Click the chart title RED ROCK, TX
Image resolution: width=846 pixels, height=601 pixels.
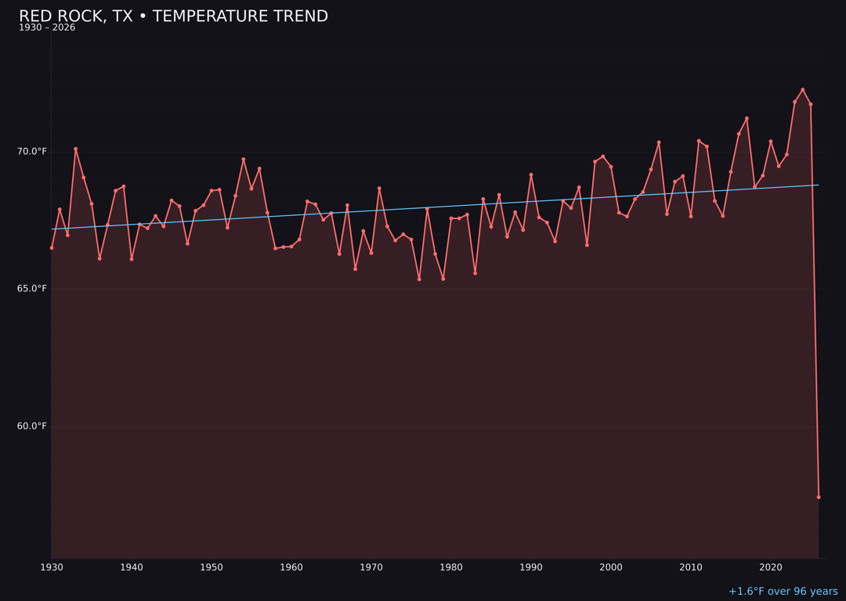pyautogui.click(x=173, y=16)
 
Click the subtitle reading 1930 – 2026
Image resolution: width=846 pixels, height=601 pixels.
pyautogui.click(x=47, y=28)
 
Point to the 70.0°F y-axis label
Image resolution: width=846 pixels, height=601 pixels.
pyautogui.click(x=32, y=151)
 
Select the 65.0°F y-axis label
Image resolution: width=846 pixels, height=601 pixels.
pyautogui.click(x=32, y=289)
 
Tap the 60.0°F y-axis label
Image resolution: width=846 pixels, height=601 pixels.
pyautogui.click(x=32, y=426)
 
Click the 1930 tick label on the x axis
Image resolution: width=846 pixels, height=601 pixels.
pyautogui.click(x=52, y=567)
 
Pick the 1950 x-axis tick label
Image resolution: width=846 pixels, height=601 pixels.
pyautogui.click(x=211, y=567)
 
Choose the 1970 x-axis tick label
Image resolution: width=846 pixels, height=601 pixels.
pyautogui.click(x=371, y=567)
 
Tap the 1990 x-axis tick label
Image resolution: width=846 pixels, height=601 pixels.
pyautogui.click(x=531, y=567)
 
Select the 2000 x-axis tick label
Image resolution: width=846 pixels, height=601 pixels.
pyautogui.click(x=611, y=567)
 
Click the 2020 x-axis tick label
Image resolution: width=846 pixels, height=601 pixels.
pyautogui.click(x=771, y=567)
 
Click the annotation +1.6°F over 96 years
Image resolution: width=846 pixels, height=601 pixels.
pyautogui.click(x=783, y=592)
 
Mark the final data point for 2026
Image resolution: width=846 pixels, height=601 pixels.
pyautogui.click(x=819, y=497)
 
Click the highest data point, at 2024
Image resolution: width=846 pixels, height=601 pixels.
pyautogui.click(x=803, y=90)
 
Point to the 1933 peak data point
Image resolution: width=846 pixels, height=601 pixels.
pyautogui.click(x=76, y=149)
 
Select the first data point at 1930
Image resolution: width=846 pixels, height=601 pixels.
pyautogui.click(x=52, y=248)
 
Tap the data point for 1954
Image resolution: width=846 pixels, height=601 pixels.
pyautogui.click(x=244, y=159)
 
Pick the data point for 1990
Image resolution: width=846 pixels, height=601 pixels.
pyautogui.click(x=531, y=175)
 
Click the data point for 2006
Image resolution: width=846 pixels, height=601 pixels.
pyautogui.click(x=659, y=142)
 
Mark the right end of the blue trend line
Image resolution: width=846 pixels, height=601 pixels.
pyautogui.click(x=819, y=185)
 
